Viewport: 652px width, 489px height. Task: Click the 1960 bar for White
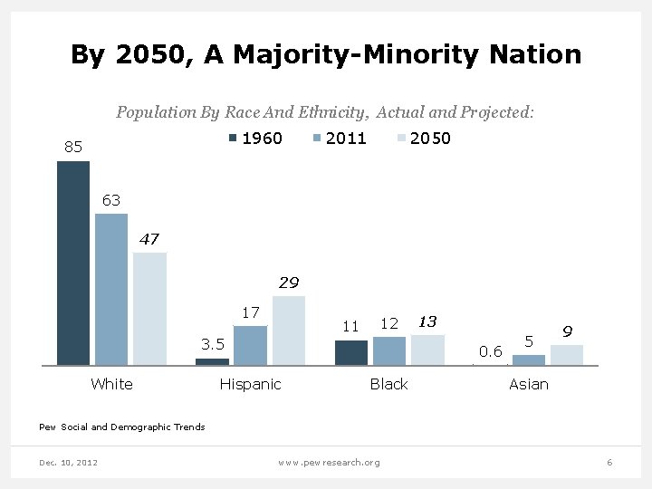(x=73, y=263)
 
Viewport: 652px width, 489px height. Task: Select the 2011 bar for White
(x=111, y=289)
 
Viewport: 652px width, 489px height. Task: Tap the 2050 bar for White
(x=149, y=308)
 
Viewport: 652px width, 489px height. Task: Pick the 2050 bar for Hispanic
(x=289, y=330)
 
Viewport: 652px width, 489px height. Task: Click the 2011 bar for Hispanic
(x=250, y=345)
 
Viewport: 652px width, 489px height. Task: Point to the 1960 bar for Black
(x=351, y=352)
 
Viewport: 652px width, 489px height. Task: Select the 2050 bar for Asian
(x=567, y=354)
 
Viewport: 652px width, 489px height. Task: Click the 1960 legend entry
(x=255, y=138)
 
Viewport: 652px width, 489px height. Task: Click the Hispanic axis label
(x=251, y=384)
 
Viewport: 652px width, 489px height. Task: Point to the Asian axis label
(x=529, y=384)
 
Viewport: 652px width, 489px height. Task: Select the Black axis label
(x=389, y=384)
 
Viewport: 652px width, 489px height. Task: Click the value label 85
(x=73, y=147)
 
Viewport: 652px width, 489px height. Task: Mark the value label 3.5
(x=213, y=344)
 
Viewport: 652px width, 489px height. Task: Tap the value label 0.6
(x=491, y=351)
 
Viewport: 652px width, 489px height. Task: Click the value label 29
(x=289, y=283)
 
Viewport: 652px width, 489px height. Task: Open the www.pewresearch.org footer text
(x=330, y=463)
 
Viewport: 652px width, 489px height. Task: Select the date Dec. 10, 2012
(x=69, y=463)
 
